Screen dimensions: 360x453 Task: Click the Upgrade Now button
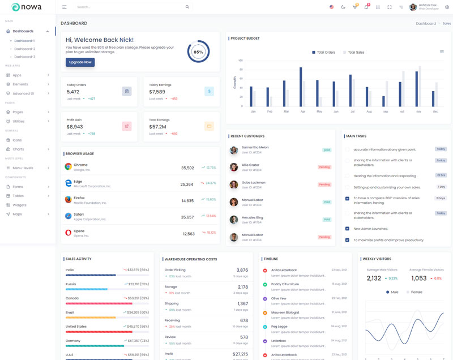point(80,62)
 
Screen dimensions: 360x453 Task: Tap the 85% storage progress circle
point(198,52)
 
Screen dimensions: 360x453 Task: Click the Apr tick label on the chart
point(303,112)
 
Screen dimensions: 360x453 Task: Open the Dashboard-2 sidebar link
point(25,49)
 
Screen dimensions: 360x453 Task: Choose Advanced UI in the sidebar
point(23,93)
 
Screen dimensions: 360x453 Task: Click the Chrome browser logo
point(68,167)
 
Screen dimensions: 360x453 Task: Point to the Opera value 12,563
point(189,234)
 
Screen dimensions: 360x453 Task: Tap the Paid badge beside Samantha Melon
point(327,150)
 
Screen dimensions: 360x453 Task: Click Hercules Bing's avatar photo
point(234,220)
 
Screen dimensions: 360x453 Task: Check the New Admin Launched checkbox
point(347,229)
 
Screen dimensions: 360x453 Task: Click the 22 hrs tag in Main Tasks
point(441,175)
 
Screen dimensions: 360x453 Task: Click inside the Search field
point(130,7)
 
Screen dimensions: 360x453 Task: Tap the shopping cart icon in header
point(354,7)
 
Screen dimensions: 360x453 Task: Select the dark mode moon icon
point(343,7)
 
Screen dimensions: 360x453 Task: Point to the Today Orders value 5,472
point(73,92)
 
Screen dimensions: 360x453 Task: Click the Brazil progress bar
point(107,318)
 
